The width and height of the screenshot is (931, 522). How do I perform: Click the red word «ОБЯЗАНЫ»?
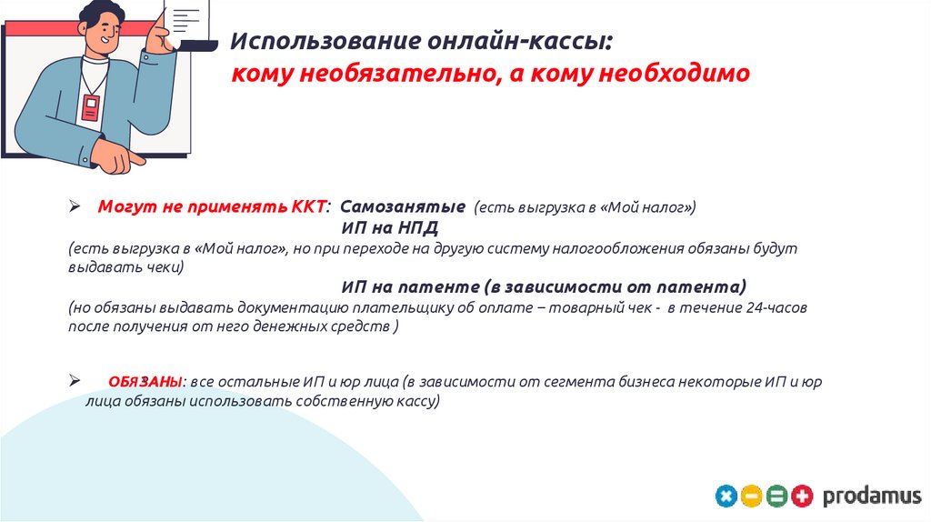point(143,382)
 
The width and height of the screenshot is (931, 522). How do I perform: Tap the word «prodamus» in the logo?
point(871,497)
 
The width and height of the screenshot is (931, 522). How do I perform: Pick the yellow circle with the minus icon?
point(751,497)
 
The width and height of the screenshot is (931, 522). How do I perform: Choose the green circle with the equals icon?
point(776,497)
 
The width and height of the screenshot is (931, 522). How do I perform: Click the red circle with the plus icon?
point(801,497)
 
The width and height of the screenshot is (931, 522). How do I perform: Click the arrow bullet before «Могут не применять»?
point(76,206)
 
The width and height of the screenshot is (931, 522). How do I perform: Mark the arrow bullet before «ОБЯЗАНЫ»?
point(76,382)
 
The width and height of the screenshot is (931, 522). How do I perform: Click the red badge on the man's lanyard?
point(89,108)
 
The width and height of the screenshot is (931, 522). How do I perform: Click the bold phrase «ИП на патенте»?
point(411,286)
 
